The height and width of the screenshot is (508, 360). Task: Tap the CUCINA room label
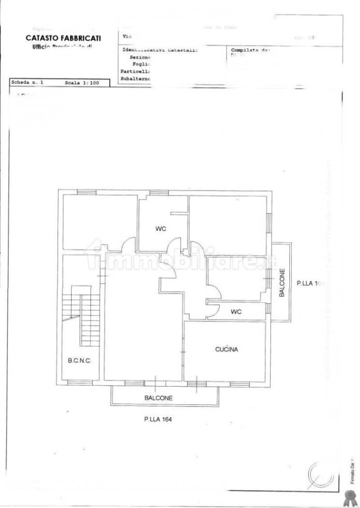[x=227, y=350]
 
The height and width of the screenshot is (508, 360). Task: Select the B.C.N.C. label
[x=79, y=362]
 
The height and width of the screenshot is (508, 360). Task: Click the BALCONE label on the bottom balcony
[x=158, y=398]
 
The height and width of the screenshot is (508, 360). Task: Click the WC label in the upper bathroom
[x=161, y=229]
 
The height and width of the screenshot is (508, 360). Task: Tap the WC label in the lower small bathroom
[x=235, y=311]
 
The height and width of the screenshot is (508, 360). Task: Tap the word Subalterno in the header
[x=136, y=79]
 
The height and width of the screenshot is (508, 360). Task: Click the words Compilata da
[x=249, y=50]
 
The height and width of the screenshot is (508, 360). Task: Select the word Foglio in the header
[x=142, y=65]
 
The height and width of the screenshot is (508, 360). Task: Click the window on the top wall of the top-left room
[x=86, y=192]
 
